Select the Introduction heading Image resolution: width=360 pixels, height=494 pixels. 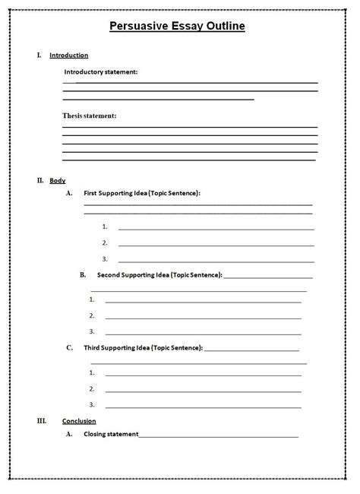coord(68,55)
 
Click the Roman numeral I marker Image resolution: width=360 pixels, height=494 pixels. coord(39,55)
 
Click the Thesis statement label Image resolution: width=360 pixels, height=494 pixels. coord(89,116)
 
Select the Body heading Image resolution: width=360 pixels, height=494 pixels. coord(58,181)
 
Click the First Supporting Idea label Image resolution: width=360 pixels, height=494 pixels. coord(141,193)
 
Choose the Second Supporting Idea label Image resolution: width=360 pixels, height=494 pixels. coord(159,274)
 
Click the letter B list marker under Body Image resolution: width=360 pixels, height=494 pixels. coord(83,274)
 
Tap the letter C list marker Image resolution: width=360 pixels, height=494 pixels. coord(69,347)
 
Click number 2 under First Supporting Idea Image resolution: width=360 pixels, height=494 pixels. coord(105,243)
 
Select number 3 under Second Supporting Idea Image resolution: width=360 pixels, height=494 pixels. coord(91,331)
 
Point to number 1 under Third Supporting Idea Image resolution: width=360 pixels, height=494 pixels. coord(91,372)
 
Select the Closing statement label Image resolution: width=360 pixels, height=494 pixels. coord(111,435)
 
